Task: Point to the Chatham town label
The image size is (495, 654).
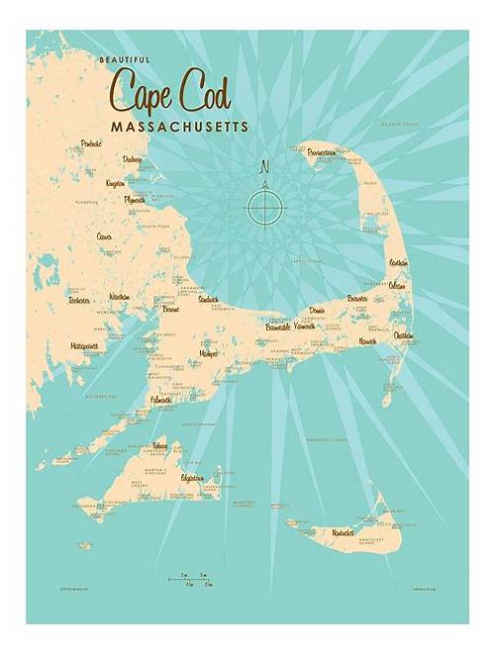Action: tap(404, 334)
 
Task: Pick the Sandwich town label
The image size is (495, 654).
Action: tap(209, 299)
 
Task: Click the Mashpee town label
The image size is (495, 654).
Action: tap(208, 352)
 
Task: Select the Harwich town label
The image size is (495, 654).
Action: tap(367, 341)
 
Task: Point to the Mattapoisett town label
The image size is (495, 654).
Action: tap(85, 346)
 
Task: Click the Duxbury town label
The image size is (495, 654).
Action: tap(133, 158)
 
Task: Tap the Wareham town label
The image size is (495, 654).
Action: tap(120, 296)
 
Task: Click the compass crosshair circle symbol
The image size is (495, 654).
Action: tap(264, 207)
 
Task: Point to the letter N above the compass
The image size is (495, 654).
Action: tap(264, 165)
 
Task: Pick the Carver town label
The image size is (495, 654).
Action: tap(104, 236)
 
